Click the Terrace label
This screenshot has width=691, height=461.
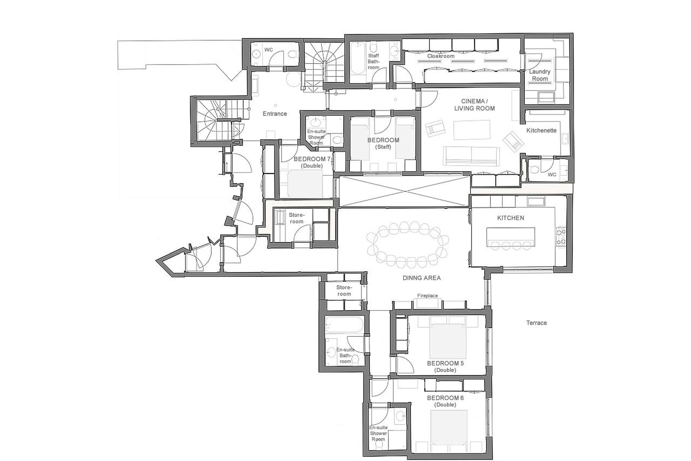[536, 323]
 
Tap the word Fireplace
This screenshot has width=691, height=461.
[427, 295]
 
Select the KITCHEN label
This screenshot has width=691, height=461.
[510, 218]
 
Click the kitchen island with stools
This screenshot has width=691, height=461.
[510, 237]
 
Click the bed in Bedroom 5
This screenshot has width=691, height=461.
[448, 341]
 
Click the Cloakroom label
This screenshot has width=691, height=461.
[441, 56]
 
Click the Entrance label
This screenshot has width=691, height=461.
[275, 113]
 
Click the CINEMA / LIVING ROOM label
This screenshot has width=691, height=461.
[474, 105]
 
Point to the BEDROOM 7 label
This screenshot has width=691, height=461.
[312, 159]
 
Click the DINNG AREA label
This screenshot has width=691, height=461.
[421, 278]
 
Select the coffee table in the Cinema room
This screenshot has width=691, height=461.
[472, 130]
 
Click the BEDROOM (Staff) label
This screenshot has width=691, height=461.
[383, 143]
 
